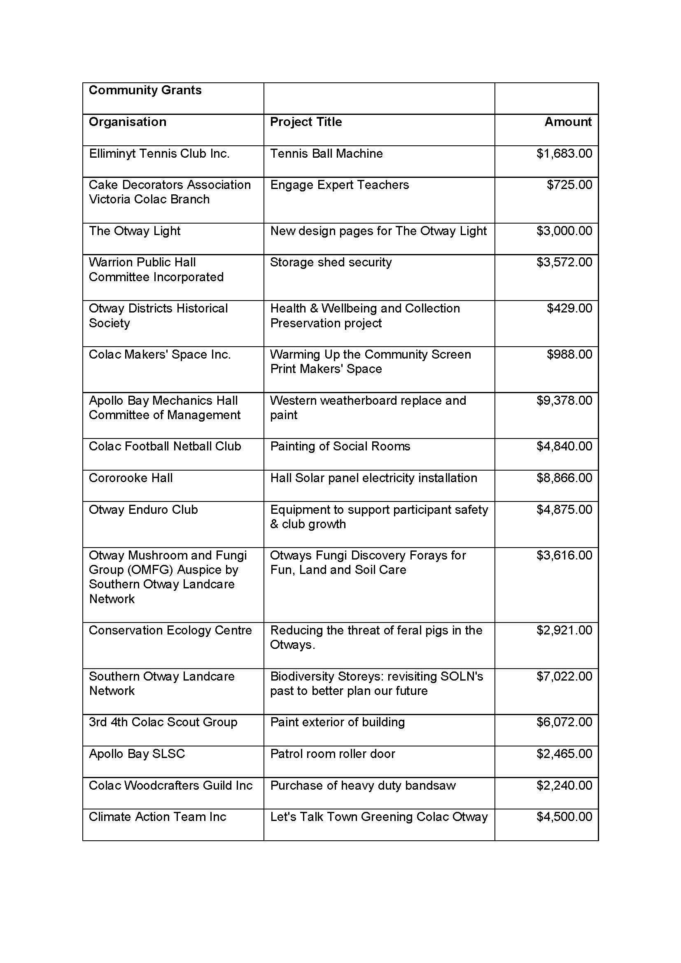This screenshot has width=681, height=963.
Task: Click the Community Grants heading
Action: pos(145,90)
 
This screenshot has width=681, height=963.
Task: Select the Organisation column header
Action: pos(128,122)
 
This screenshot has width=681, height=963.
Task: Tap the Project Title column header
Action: pos(306,122)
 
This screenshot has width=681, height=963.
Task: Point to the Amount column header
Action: pos(568,122)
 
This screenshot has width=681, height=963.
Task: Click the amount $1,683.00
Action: pos(564,154)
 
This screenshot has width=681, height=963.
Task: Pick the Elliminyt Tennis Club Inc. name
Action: pos(159,154)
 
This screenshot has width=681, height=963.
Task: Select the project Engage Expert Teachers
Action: pos(339,185)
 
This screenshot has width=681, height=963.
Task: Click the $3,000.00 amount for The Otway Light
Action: pos(564,231)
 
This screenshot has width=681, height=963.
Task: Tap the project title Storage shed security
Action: pos(331,263)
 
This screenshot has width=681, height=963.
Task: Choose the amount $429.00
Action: pos(569,308)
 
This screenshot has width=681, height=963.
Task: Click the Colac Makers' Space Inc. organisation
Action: pos(160,354)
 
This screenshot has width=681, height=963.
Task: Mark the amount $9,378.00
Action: pos(564,401)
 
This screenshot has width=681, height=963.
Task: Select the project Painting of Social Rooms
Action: pos(340,446)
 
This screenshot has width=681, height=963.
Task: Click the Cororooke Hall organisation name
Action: pos(131,478)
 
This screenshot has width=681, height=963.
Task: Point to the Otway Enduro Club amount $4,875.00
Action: pos(564,510)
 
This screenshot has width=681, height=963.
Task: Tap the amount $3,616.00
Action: pos(564,555)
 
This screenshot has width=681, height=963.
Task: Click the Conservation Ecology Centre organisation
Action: pos(170,630)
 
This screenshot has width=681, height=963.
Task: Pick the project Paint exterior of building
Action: pos(338,722)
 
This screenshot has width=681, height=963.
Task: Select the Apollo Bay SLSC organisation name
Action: pos(137,754)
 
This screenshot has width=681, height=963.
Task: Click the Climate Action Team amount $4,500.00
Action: pos(564,816)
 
